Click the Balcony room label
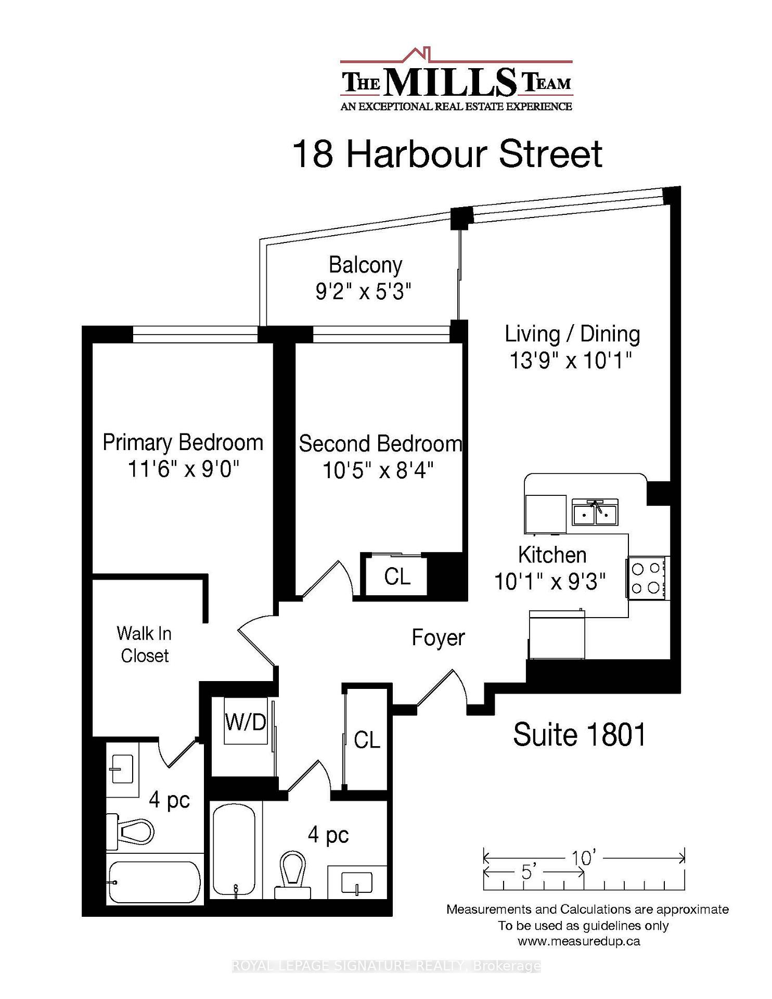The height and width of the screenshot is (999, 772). point(365,265)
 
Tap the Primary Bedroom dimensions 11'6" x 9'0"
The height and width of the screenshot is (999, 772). point(183,469)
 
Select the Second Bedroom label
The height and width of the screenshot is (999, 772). point(380,444)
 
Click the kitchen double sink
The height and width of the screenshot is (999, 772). point(595,512)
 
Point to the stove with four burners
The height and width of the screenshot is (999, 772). point(646,578)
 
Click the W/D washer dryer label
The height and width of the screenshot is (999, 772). point(246,722)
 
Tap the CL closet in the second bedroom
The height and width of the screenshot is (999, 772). point(397,577)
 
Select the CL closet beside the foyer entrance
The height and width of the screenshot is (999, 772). point(367,740)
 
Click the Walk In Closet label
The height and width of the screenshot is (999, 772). point(144,645)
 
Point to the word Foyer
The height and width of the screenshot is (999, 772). point(438,638)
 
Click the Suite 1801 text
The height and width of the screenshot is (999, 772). point(579,735)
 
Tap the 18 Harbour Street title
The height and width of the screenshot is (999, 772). point(447,154)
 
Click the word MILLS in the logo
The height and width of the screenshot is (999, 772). point(451,83)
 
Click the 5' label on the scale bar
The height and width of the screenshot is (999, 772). point(528,872)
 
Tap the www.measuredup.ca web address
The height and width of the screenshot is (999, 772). point(578,941)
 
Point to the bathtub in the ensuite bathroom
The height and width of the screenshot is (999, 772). point(153,883)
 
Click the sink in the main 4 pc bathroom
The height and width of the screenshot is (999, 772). point(357,883)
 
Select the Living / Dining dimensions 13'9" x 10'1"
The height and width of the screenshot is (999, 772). point(571,361)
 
